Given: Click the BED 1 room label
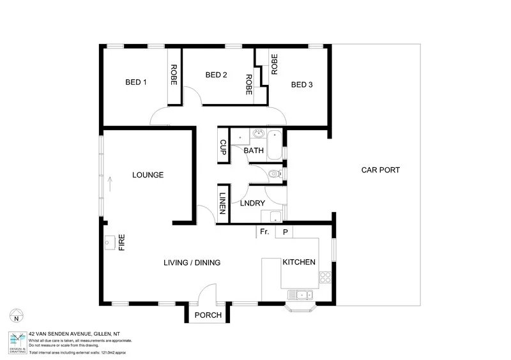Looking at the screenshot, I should (136, 82).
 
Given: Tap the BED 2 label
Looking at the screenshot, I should (217, 75).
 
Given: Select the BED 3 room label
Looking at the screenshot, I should (302, 84).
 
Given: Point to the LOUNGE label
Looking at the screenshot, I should (148, 175).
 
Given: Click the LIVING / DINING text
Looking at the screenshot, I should (192, 262).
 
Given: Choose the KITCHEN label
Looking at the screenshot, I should (298, 262).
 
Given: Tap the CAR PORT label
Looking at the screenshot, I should (380, 170).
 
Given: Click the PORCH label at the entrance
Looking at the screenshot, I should (208, 315).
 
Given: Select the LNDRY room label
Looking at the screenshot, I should (252, 204).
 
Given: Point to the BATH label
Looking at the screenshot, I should (254, 151).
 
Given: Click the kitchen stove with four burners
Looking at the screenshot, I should (325, 277).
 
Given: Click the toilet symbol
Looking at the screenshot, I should (275, 173).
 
